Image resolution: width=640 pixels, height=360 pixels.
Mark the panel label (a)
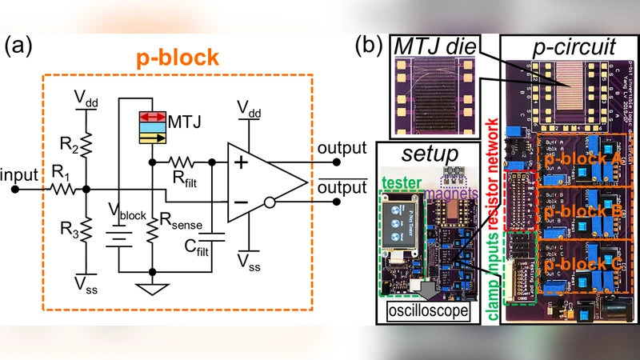20,46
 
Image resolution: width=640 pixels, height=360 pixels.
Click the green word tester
398,183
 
